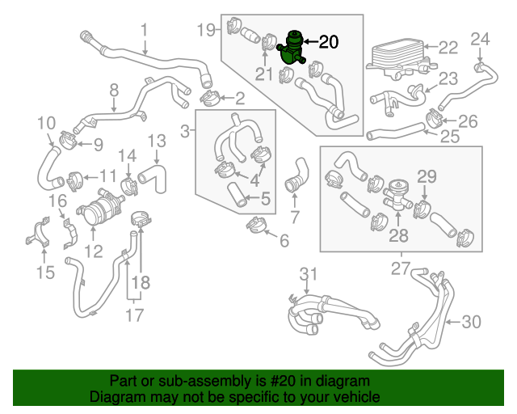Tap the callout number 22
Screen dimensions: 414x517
[448, 48]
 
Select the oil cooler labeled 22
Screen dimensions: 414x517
[396, 56]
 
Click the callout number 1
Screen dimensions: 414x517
[144, 30]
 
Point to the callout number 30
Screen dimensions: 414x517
[471, 322]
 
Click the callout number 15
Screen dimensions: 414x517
[46, 272]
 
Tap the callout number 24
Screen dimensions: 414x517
[480, 38]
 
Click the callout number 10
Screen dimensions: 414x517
[46, 123]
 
